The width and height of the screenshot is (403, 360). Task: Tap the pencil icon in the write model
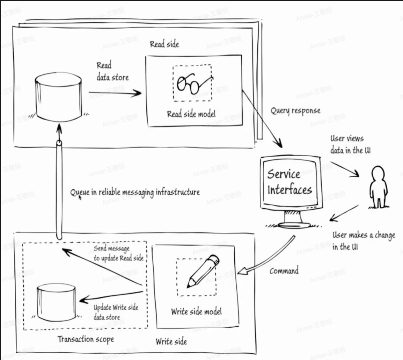click(203, 272)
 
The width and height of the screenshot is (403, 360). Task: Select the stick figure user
click(377, 187)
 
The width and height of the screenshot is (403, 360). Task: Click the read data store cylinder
click(59, 98)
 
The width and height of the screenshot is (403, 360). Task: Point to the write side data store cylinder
click(56, 302)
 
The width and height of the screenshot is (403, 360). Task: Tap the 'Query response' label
click(295, 111)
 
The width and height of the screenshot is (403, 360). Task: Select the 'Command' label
click(284, 271)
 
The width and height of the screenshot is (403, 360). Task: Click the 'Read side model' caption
click(191, 114)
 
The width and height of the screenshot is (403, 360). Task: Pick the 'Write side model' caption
click(196, 311)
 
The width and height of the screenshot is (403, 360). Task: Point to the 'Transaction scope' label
click(86, 339)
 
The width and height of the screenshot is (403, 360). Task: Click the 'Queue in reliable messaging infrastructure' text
click(135, 192)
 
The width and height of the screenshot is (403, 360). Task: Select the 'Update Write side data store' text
click(116, 312)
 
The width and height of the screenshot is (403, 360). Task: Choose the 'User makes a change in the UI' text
click(363, 241)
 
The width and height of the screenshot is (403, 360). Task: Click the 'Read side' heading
click(164, 44)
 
